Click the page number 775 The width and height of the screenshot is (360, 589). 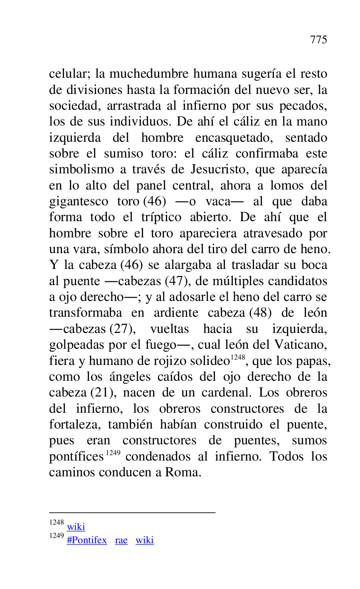(318, 40)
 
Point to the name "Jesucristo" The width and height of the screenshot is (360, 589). (217, 170)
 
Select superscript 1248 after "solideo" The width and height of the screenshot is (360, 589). (238, 357)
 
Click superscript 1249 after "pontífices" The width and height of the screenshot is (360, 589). (113, 453)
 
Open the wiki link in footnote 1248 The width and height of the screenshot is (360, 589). (76, 527)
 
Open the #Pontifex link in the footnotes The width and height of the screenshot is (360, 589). (86, 540)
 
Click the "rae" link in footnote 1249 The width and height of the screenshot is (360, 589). (121, 540)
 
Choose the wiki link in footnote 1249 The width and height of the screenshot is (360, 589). (144, 540)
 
